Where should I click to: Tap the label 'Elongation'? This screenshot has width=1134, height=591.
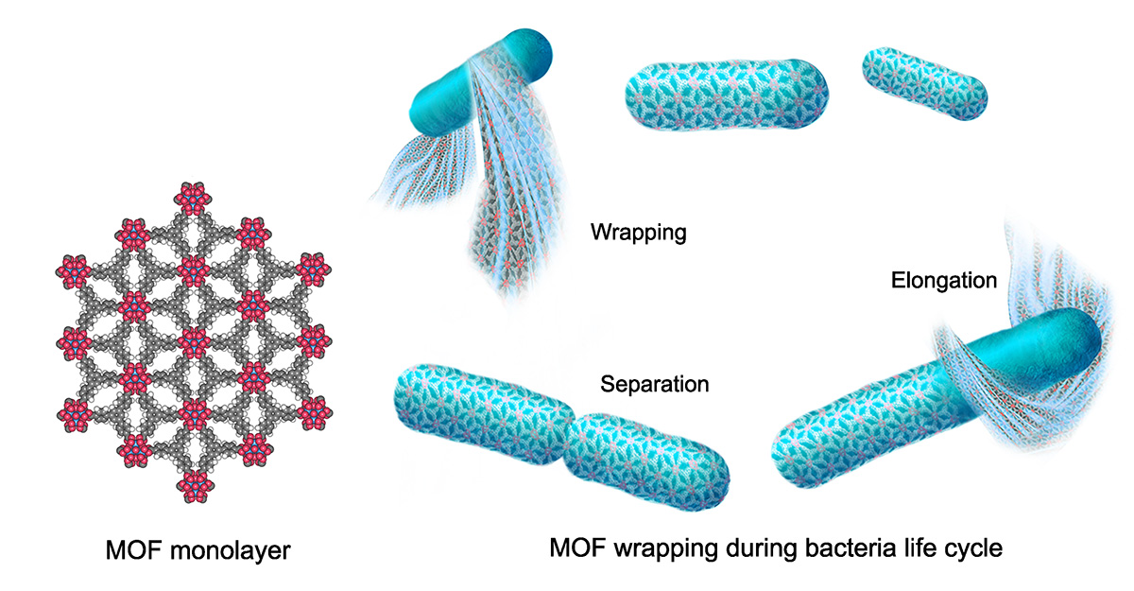click(x=943, y=280)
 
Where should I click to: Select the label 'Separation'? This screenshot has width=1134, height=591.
click(x=654, y=385)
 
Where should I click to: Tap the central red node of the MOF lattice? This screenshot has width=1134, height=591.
click(x=194, y=339)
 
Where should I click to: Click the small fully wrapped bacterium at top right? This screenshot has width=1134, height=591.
click(x=925, y=80)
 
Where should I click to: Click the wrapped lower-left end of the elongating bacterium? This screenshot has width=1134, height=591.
click(x=832, y=435)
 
